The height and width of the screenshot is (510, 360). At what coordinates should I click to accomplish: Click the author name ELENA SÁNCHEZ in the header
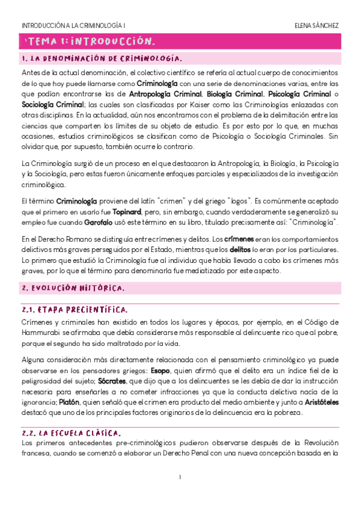tap(317, 26)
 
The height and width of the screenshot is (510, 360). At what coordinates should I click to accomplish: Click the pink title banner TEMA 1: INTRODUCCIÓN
tap(90, 41)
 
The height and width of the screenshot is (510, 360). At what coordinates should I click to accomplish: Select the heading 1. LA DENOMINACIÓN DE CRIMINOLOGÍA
tap(101, 59)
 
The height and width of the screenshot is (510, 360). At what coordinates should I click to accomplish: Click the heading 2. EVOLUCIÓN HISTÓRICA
tap(73, 288)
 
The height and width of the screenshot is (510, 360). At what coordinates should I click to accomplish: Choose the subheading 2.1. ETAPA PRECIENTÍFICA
tap(75, 310)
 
